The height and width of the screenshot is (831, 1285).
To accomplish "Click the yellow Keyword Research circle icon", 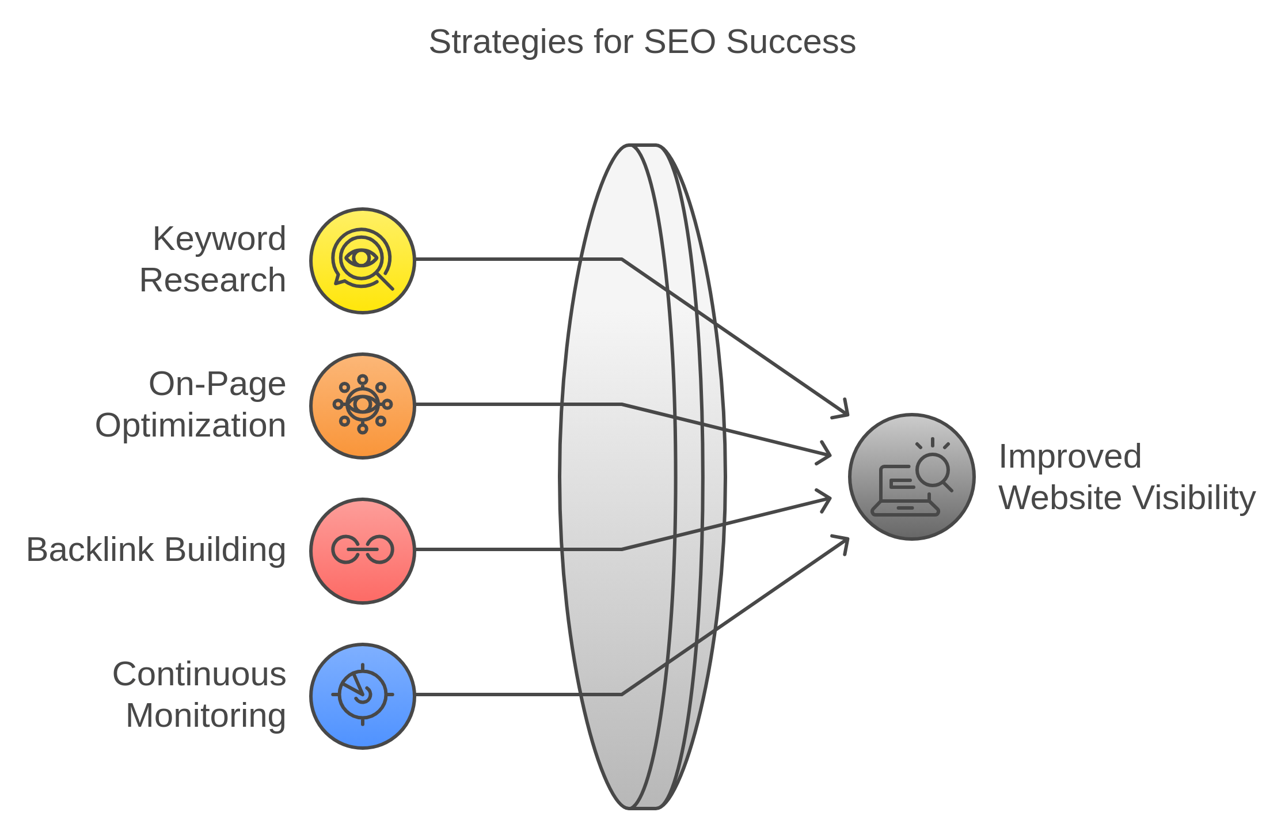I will point(363,261).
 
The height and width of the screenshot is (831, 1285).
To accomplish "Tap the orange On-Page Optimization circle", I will point(363,406).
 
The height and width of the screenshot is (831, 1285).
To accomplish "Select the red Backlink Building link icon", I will point(363,551).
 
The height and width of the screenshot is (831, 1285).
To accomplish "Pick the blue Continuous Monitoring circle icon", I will point(363,696).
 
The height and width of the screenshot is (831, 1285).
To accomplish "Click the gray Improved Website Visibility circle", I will point(911,477).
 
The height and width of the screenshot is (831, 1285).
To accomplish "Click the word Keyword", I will point(219,239).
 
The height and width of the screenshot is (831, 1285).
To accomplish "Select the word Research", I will point(212,280).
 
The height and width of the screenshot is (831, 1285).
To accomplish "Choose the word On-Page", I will point(217,384).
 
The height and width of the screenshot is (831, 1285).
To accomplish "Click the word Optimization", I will point(191,426).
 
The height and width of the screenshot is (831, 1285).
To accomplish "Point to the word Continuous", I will point(199,674).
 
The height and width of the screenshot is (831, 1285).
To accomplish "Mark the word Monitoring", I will point(206,716).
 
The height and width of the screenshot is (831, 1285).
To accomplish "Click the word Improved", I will point(1070,457).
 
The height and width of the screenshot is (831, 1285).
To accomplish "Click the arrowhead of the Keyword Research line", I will point(844,411).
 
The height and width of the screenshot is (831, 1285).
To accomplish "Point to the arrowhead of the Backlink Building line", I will point(827,499).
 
